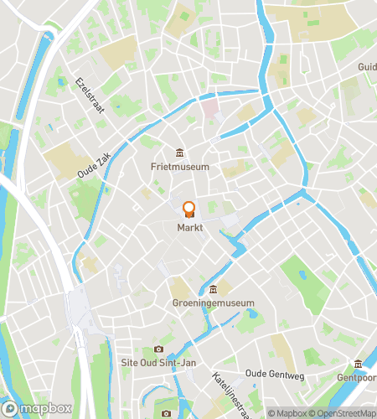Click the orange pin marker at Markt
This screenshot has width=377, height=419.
click(188, 209)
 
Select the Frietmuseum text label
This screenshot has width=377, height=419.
click(180, 167)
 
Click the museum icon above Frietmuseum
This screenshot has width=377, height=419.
click(180, 152)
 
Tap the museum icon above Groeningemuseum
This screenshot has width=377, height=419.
click(214, 288)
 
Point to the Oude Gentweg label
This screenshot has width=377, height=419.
click(273, 372)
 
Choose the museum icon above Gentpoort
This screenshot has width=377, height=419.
click(359, 364)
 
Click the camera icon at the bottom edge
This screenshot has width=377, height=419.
click(166, 413)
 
